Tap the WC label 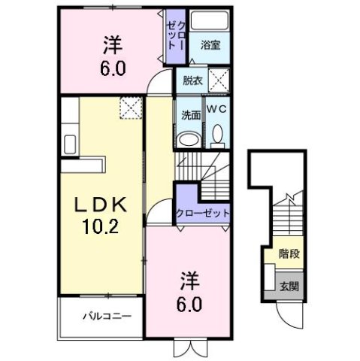pyautogui.click(x=217, y=110)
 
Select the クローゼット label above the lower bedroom pyautogui.click(x=202, y=214)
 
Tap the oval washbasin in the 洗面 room pyautogui.click(x=190, y=138)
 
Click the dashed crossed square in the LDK pyautogui.click(x=129, y=108)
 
